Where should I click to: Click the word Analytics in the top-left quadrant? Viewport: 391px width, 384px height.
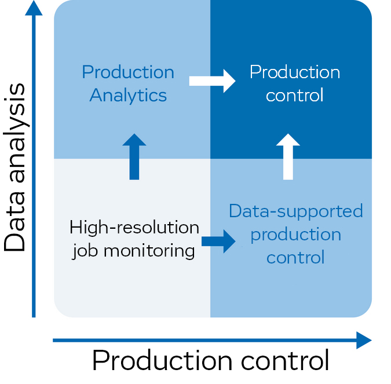pos(128,96)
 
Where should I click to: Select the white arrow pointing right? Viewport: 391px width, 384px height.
pos(212,81)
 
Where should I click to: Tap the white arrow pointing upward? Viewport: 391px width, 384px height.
pos(288,156)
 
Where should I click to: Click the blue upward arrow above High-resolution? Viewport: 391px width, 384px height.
pos(134,156)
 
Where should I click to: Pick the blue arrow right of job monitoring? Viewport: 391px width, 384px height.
pos(218,242)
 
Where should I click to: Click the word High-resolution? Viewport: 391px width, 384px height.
pos(134,228)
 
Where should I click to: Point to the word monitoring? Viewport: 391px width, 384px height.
pos(149,251)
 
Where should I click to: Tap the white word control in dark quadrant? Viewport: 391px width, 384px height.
pos(294,95)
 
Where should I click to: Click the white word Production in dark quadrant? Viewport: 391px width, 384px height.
pos(295,72)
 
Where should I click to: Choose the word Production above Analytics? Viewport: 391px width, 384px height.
pos(128,72)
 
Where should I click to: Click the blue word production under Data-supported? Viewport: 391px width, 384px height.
pos(296,235)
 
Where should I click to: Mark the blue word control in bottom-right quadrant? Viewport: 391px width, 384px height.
pos(295,257)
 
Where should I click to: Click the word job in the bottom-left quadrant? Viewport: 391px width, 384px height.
pos(85,251)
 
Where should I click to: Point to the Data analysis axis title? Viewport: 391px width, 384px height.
pos(15,167)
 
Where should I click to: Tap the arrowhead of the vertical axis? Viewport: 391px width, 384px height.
pos(34,8)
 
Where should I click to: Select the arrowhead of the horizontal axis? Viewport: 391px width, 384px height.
pos(364,341)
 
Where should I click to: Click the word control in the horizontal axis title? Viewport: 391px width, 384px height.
pos(285,360)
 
